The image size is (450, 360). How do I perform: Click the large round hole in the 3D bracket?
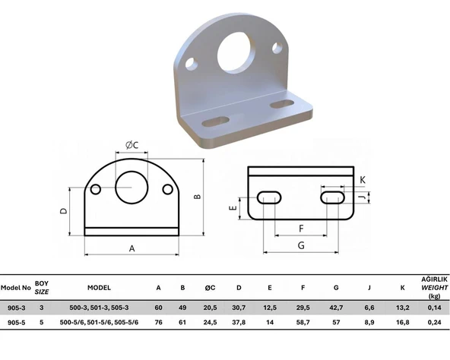pos(236,52)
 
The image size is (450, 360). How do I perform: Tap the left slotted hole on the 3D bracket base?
pos(216,122)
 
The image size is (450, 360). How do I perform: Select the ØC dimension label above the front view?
pos(132,145)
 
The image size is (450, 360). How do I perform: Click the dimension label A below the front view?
pos(132,248)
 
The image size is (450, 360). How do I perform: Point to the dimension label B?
pos(198,197)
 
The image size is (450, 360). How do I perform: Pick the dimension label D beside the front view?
pos(63,211)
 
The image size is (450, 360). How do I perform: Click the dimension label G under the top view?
pos(301,245)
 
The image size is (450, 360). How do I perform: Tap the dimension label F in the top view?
pos(301,229)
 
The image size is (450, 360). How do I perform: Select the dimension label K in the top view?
pos(363,180)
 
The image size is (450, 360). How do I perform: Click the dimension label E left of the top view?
pos(233,207)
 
